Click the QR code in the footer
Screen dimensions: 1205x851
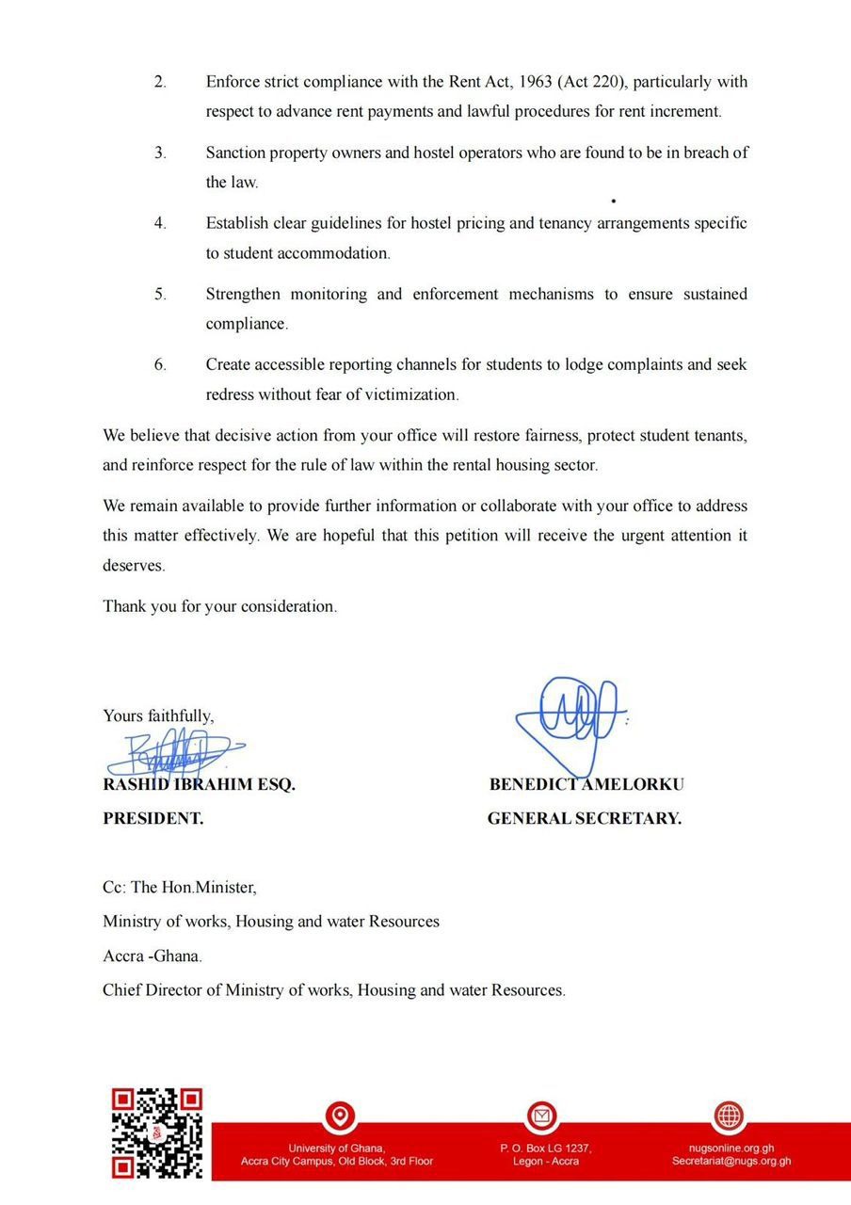coord(157,1133)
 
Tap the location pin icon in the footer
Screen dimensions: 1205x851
coord(339,1117)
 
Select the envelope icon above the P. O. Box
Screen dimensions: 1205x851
coord(541,1117)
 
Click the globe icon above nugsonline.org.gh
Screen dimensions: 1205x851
coord(729,1117)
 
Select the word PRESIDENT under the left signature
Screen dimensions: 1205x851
coord(153,819)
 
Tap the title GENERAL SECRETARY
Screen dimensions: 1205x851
coord(584,819)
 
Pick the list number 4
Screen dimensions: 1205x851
coord(161,223)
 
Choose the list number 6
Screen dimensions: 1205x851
coord(161,364)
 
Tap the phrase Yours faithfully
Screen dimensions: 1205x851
coord(158,715)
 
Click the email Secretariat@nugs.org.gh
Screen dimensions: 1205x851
coord(731,1162)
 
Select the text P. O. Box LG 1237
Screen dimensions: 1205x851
coord(546,1149)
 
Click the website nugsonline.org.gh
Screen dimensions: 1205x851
coord(731,1149)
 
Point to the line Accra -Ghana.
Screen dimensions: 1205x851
coord(153,956)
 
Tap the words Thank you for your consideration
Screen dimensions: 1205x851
coord(219,606)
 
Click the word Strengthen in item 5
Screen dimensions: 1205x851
coord(243,294)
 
